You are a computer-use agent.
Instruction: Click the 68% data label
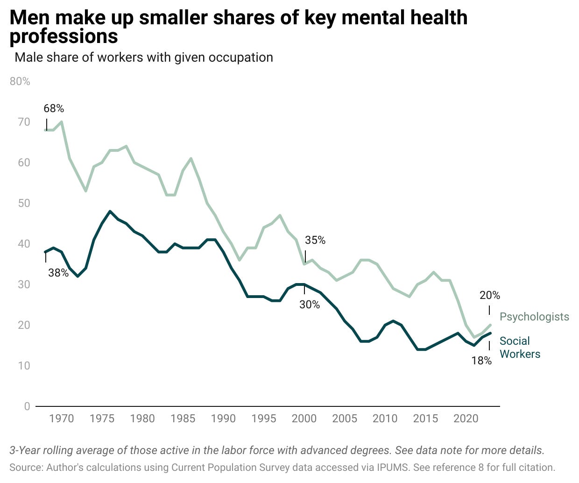point(54,108)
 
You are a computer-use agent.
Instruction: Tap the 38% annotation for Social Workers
point(58,273)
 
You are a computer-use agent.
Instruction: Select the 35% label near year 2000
point(315,240)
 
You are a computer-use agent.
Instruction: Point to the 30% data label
point(310,305)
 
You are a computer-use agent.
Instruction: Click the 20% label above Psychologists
point(490,295)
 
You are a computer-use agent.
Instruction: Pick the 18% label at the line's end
point(481,361)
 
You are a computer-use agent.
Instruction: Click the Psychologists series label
point(534,317)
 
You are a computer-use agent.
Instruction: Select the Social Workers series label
point(520,348)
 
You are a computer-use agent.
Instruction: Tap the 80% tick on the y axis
point(20,81)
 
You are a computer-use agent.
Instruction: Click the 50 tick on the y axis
point(24,203)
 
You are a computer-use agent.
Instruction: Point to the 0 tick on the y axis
point(27,406)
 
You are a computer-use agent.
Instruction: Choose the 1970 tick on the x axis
point(62,419)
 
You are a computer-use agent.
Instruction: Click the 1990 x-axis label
point(223,419)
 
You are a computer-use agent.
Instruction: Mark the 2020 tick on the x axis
point(466,419)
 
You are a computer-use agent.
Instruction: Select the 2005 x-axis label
point(345,419)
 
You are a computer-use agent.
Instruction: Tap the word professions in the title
point(64,36)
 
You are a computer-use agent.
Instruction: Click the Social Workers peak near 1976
point(110,211)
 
